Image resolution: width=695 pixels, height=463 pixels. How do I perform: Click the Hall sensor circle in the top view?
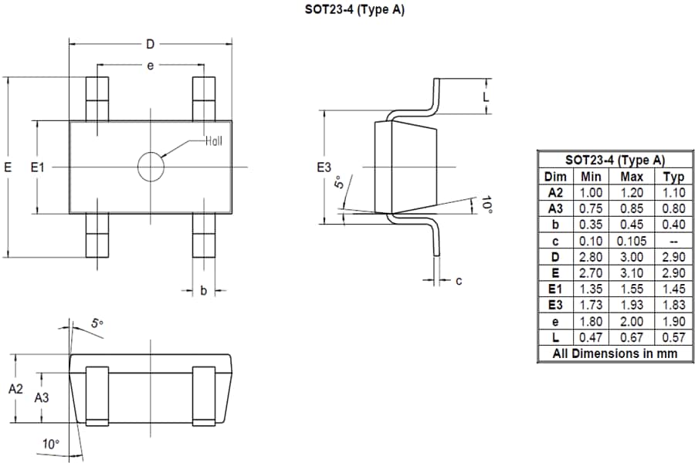click(x=151, y=167)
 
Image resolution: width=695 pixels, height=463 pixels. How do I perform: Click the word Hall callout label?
click(x=214, y=141)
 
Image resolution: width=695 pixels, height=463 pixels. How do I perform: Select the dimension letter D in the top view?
click(x=150, y=44)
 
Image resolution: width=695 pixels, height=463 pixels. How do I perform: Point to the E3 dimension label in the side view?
click(x=324, y=167)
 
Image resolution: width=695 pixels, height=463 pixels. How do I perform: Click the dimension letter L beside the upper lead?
click(x=486, y=96)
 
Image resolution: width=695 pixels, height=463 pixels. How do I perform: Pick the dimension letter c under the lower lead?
click(x=459, y=281)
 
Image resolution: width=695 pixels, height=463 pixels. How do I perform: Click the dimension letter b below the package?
click(x=203, y=291)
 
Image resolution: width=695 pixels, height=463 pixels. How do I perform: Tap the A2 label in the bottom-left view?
click(x=16, y=390)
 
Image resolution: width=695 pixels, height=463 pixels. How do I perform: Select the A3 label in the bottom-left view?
click(x=42, y=397)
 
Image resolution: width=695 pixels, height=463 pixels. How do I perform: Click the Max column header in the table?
click(x=632, y=177)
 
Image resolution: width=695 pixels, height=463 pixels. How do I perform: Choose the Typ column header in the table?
click(x=673, y=177)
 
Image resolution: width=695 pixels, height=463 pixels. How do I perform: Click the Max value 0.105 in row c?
click(x=632, y=241)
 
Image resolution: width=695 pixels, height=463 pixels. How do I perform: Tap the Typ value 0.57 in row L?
click(x=673, y=337)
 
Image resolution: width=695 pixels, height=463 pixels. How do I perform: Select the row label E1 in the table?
click(x=555, y=289)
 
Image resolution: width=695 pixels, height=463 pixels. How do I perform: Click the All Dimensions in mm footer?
click(x=615, y=353)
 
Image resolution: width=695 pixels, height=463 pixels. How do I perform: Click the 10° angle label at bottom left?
click(x=50, y=444)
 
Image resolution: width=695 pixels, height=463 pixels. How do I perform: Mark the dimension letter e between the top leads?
click(x=150, y=66)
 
